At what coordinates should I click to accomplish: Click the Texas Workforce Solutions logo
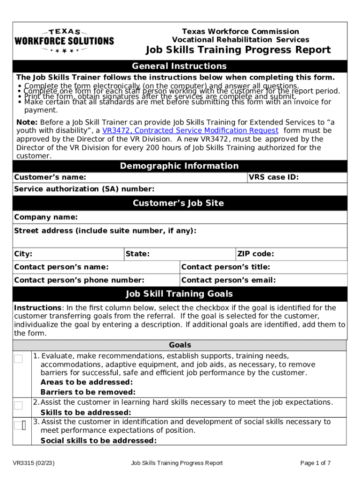click(x=64, y=41)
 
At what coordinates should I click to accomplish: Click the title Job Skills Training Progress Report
click(x=238, y=50)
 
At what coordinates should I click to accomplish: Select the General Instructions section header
click(x=180, y=66)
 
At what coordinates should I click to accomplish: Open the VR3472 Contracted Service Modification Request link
click(x=190, y=131)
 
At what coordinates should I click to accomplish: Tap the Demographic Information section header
click(x=180, y=166)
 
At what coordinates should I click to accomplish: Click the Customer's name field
click(x=164, y=177)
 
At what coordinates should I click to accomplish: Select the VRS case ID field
click(x=323, y=177)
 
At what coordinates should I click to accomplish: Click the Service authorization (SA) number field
click(x=248, y=189)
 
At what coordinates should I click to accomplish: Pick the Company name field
click(x=210, y=218)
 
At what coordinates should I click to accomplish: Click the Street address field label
click(x=105, y=231)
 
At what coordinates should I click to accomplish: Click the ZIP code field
click(x=309, y=254)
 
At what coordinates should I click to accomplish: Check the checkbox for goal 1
click(x=18, y=359)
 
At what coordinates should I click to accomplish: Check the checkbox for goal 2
click(x=18, y=405)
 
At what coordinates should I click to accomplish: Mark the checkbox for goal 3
click(x=18, y=425)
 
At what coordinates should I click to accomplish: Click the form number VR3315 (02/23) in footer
click(x=34, y=463)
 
